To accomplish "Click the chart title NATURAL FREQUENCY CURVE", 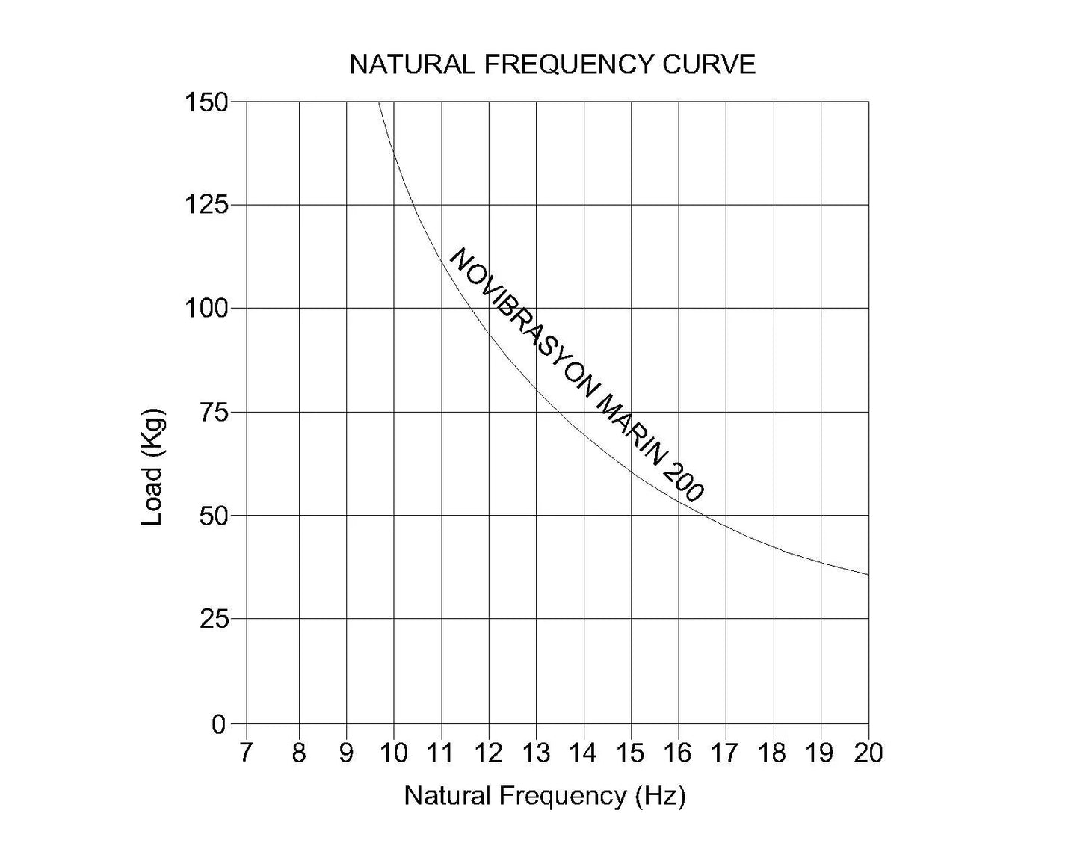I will pyautogui.click(x=552, y=64).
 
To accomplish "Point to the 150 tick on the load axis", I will pyautogui.click(x=206, y=102).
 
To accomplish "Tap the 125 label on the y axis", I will pyautogui.click(x=206, y=205).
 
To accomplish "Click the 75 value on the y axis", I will pyautogui.click(x=213, y=412).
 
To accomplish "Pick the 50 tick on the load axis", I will pyautogui.click(x=213, y=516).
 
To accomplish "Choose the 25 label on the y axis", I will pyautogui.click(x=213, y=619).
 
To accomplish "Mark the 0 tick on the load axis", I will pyautogui.click(x=219, y=724).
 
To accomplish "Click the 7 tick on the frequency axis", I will pyautogui.click(x=246, y=753).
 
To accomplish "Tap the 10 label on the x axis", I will pyautogui.click(x=393, y=753).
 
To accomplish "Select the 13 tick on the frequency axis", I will pyautogui.click(x=536, y=753).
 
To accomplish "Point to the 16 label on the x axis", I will pyautogui.click(x=678, y=753).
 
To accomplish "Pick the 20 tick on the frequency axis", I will pyautogui.click(x=868, y=753).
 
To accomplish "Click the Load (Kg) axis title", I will pyautogui.click(x=152, y=467).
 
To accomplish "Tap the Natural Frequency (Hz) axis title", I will pyautogui.click(x=545, y=796).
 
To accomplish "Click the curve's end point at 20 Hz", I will pyautogui.click(x=868, y=575).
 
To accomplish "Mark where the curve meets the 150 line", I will pyautogui.click(x=378, y=102).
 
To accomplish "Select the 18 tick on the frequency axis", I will pyautogui.click(x=773, y=753).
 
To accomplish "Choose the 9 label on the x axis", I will pyautogui.click(x=346, y=753).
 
